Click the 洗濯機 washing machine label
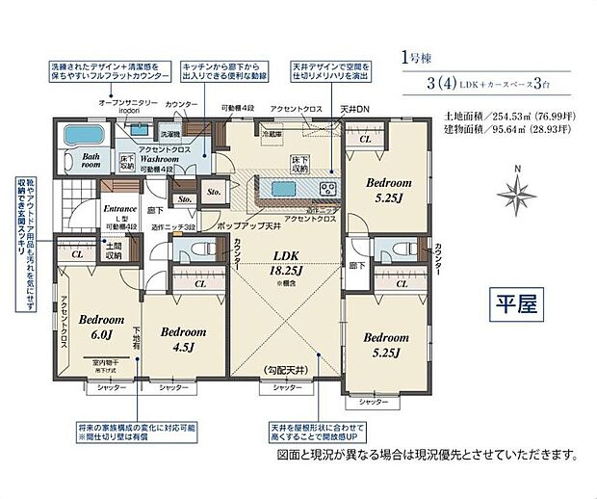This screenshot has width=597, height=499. pos(170,134)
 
